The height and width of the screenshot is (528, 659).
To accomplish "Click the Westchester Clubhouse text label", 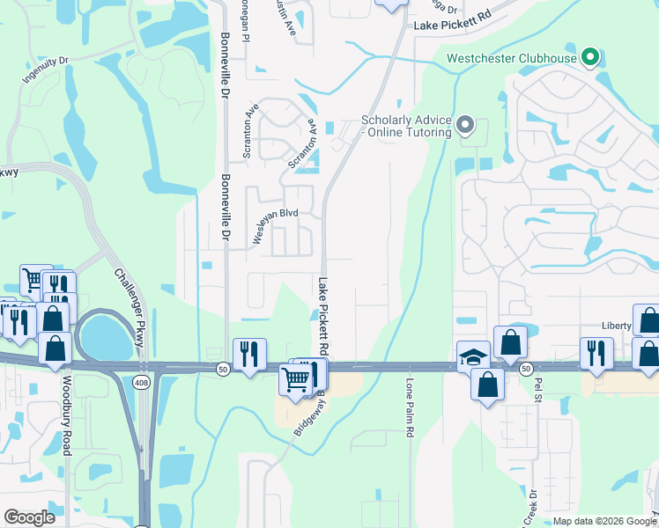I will tap(512, 59).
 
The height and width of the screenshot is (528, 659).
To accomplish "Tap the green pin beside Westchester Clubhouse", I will tap(591, 59).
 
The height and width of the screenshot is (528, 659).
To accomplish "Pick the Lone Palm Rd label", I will tap(410, 409).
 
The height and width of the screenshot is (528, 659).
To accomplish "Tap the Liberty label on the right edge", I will tap(617, 326).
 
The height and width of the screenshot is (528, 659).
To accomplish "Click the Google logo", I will tap(29, 517).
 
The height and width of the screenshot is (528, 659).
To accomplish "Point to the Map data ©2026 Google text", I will tap(604, 521).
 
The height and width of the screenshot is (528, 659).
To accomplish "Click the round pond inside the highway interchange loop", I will tap(104, 335).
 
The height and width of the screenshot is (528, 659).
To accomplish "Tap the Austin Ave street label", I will tap(290, 17).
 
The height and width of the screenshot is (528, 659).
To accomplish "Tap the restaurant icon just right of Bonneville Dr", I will tap(248, 355).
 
